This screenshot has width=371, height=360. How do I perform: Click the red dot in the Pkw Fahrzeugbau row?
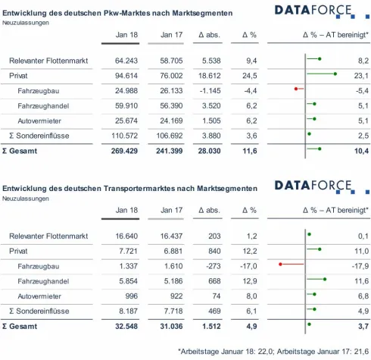[x=296, y=90]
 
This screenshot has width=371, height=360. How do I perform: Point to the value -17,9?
[x=359, y=265]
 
